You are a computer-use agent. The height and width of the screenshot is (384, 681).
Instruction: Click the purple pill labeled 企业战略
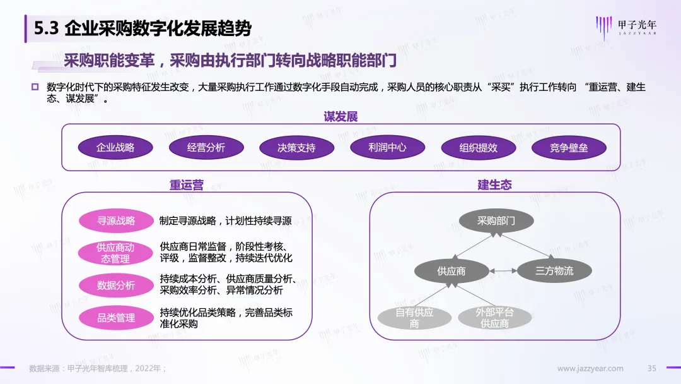coord(115,148)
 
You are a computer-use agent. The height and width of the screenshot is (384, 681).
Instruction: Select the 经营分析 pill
coord(206,148)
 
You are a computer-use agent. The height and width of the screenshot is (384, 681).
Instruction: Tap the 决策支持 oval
coord(296,148)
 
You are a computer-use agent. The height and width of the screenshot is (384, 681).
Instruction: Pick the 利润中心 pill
coord(387,148)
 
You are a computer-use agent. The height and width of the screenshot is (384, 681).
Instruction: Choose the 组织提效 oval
coord(478,148)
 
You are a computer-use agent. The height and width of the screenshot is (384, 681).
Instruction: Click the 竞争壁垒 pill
coord(569,148)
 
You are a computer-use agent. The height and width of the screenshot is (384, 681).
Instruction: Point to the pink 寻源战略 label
coord(116,221)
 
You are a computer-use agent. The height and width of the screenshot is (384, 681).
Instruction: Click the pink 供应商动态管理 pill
coord(116,253)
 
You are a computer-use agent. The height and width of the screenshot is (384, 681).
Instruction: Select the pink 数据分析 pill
coord(116,285)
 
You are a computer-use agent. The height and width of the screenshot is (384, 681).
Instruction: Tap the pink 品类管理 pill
coord(116,318)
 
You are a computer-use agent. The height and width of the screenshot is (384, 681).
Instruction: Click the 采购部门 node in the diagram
coord(496,221)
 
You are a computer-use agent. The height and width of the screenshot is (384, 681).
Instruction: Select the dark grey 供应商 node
coord(451,271)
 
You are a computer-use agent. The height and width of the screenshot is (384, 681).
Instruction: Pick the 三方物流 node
coord(554,271)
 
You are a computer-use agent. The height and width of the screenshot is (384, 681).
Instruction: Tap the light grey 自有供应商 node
coord(414,318)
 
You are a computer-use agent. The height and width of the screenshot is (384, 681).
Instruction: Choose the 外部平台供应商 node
coord(495,318)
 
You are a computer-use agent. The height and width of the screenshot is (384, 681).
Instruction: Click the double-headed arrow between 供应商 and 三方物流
coord(503,271)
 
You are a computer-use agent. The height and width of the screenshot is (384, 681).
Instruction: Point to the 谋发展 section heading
coord(341,116)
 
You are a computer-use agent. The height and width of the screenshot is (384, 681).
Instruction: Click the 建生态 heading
coord(494,184)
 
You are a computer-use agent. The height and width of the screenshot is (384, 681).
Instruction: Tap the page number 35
coord(653,368)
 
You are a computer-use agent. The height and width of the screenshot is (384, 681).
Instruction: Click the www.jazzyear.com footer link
coord(590,368)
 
